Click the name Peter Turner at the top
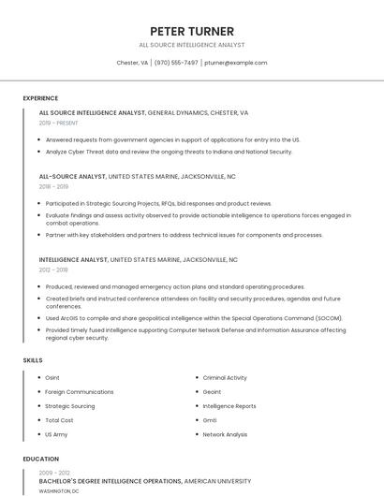click(192, 32)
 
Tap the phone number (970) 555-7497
click(176, 63)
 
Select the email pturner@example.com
click(236, 63)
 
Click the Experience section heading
click(40, 98)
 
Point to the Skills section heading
click(33, 359)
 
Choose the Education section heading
click(40, 459)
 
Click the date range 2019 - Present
click(58, 123)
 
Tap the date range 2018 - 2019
click(53, 186)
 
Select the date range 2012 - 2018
click(53, 270)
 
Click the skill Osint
click(52, 377)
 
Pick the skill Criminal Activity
click(225, 377)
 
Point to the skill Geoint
click(213, 392)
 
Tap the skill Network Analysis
click(225, 434)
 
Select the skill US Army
click(56, 434)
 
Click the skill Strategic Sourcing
click(70, 406)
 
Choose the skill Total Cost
click(59, 420)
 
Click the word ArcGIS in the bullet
click(67, 317)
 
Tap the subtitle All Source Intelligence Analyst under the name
click(192, 45)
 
